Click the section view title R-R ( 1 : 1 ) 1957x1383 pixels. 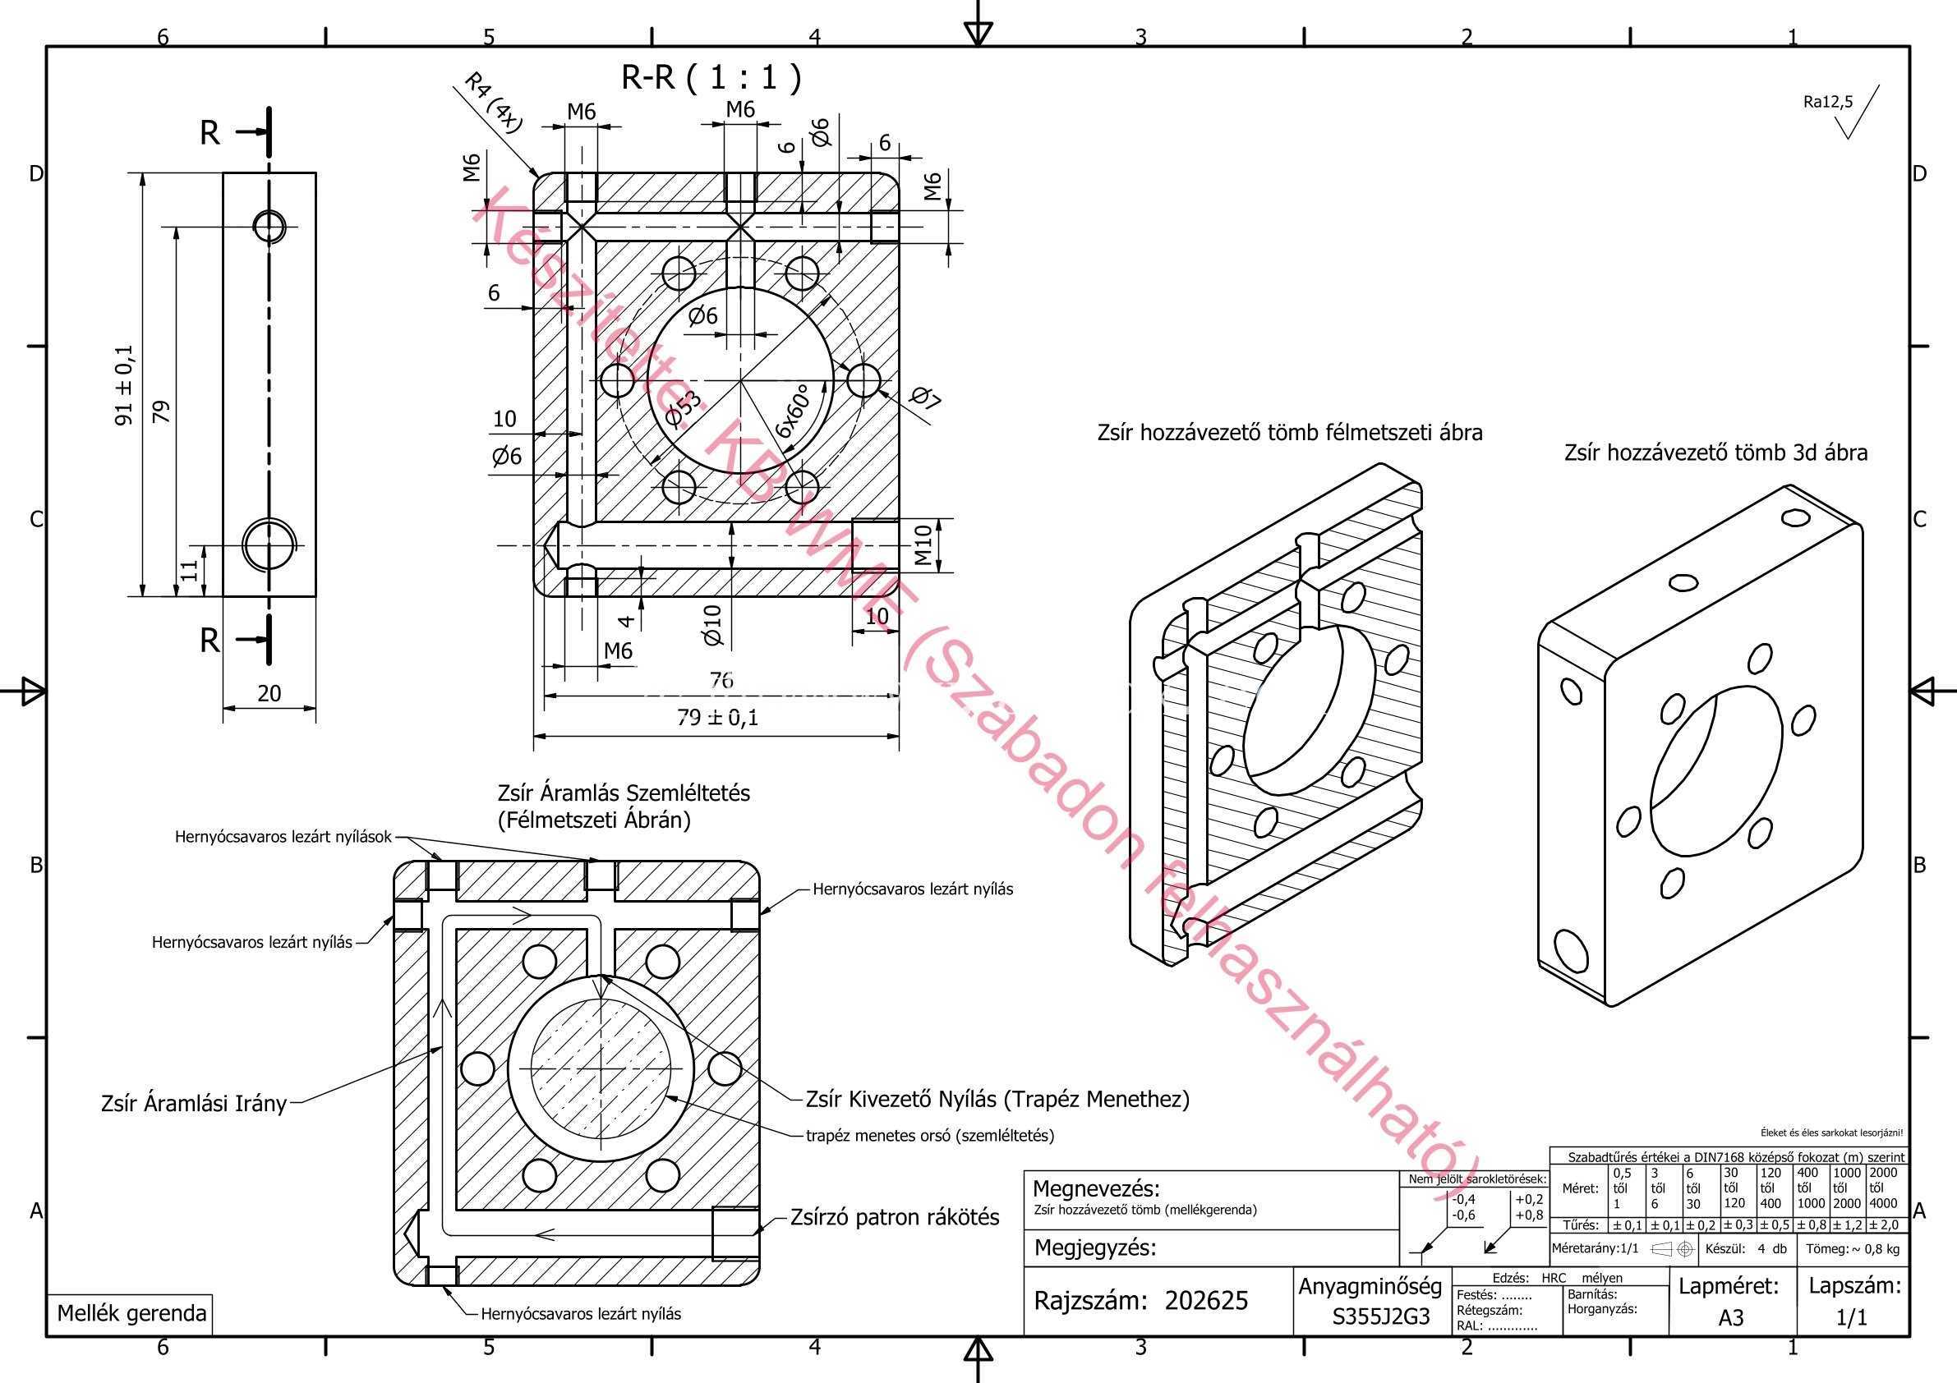click(x=711, y=77)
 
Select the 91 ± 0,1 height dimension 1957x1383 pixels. click(x=124, y=385)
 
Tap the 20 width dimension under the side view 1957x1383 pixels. click(x=269, y=694)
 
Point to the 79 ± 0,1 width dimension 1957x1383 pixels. click(x=718, y=718)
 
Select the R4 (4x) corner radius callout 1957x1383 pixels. click(x=492, y=103)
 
